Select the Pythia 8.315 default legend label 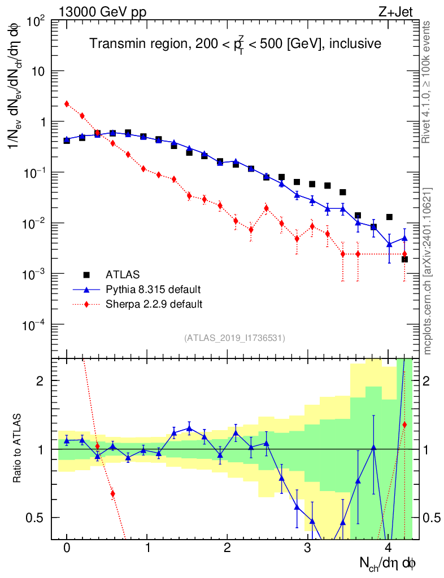pos(153,290)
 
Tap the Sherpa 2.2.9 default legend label pos(154,304)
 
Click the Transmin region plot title pos(236,43)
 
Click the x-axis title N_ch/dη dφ pos(389,563)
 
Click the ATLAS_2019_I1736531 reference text pos(234,338)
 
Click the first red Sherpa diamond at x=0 pos(67,104)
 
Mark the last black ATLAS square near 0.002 pos(404,259)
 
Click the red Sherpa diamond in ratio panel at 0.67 pos(112,494)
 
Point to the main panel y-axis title pos(19,90)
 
